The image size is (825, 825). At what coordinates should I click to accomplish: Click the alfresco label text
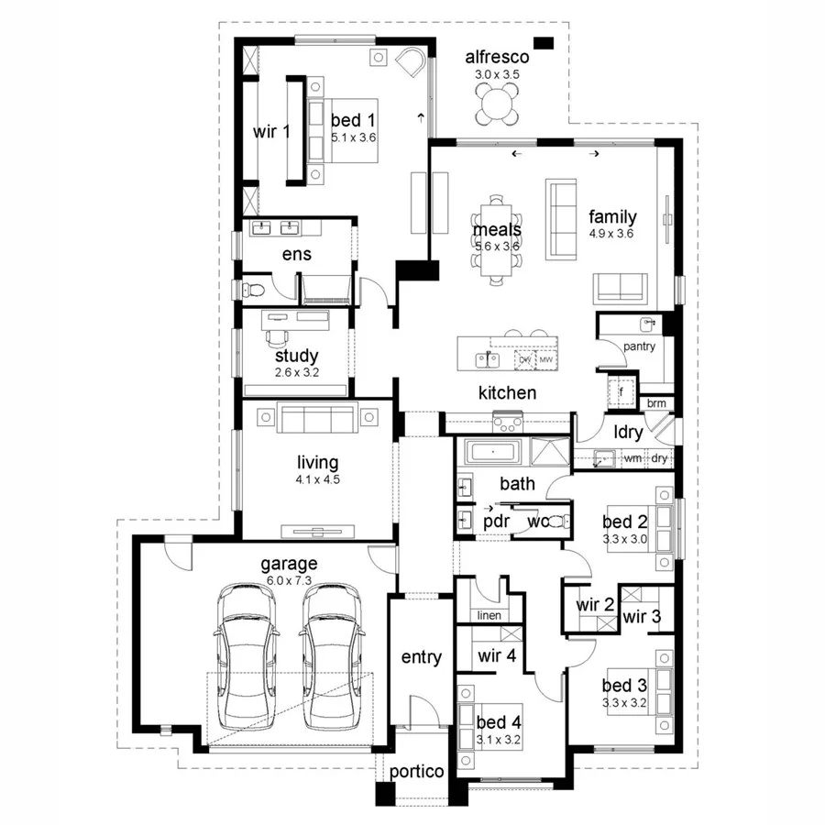(x=496, y=57)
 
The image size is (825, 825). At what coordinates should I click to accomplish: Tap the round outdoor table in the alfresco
(x=497, y=103)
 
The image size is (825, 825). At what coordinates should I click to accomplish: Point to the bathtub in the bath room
(x=493, y=452)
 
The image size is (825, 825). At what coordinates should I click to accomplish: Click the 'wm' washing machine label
(x=632, y=457)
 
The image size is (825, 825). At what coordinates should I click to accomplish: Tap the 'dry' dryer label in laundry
(x=659, y=457)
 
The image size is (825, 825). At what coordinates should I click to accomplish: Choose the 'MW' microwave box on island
(x=546, y=360)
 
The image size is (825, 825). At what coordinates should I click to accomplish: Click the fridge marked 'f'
(x=621, y=390)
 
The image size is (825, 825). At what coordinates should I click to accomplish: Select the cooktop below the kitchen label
(x=507, y=423)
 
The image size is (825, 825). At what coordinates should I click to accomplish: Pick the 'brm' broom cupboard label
(x=656, y=403)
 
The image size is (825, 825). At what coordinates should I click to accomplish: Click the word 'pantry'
(x=639, y=346)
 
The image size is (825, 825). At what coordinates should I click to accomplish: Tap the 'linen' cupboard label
(x=489, y=615)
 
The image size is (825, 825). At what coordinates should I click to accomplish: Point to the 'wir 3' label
(x=643, y=616)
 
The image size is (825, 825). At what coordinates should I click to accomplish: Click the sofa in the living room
(x=316, y=419)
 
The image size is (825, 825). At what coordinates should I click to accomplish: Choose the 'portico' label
(x=417, y=772)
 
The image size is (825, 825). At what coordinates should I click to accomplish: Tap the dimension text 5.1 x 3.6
(x=354, y=137)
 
